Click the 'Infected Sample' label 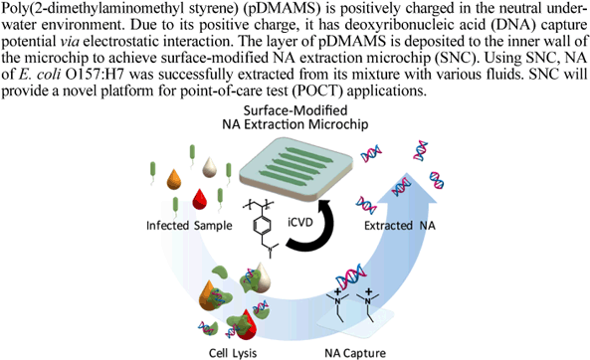[x=189, y=226]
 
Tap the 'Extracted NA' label [x=400, y=226]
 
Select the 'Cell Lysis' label [x=233, y=354]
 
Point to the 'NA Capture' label [x=355, y=353]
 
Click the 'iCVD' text [x=300, y=222]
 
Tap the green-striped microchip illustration [x=295, y=164]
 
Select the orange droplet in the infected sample [x=174, y=179]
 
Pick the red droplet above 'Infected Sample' [x=199, y=199]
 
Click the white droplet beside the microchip [x=210, y=167]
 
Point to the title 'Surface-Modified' [x=295, y=110]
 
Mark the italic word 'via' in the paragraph [x=70, y=42]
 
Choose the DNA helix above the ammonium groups [x=350, y=277]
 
